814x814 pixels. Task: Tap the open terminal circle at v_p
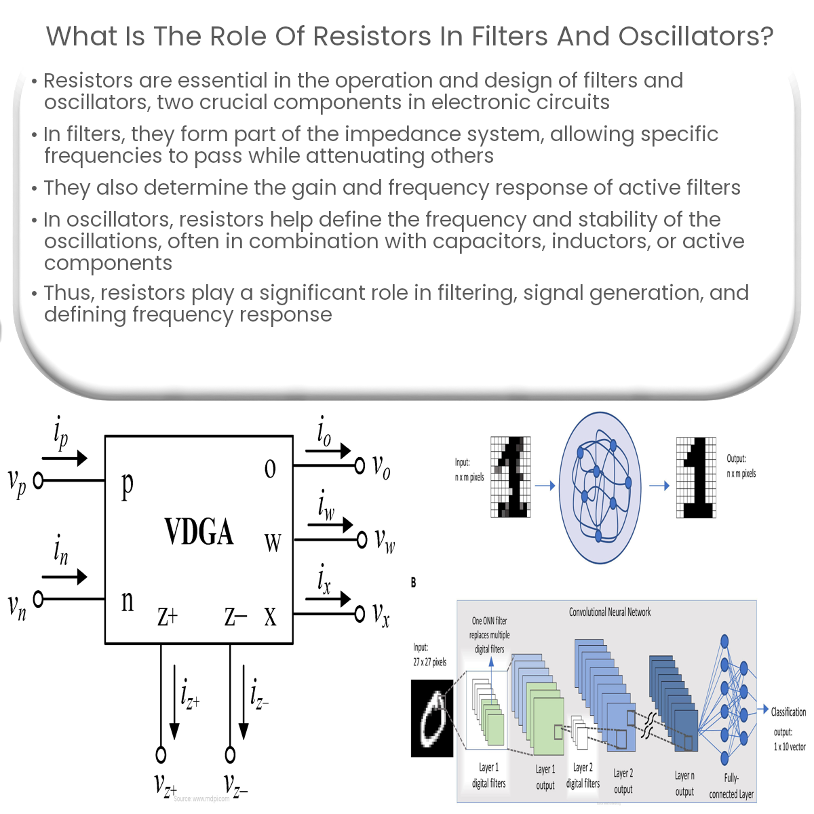point(39,480)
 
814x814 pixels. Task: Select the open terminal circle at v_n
point(39,599)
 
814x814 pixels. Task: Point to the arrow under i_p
point(64,458)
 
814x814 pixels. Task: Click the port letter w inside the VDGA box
point(272,543)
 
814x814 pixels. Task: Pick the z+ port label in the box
point(168,616)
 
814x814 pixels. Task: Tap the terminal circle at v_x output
point(360,614)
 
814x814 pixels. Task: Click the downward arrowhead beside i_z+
point(174,731)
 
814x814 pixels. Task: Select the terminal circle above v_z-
point(230,754)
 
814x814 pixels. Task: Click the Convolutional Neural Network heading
point(609,612)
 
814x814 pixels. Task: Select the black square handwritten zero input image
point(431,718)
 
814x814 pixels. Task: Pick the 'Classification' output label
point(788,712)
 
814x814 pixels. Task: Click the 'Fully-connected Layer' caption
point(731,786)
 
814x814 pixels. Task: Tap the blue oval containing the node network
point(601,487)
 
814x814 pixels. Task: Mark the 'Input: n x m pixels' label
point(469,469)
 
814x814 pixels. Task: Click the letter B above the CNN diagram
point(413,582)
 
